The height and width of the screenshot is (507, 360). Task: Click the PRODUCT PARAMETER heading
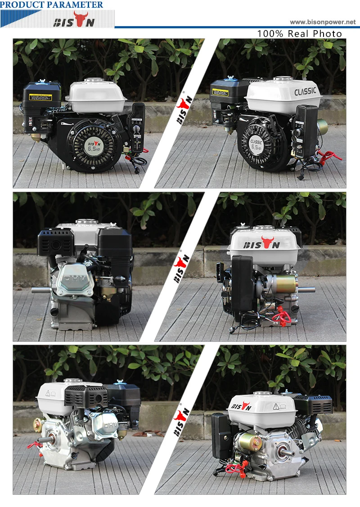pos(52,5)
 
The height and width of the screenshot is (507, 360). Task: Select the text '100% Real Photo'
pos(299,34)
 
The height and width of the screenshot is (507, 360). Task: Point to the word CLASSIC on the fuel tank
pos(305,91)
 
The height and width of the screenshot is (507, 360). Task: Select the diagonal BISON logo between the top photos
pos(183,111)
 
